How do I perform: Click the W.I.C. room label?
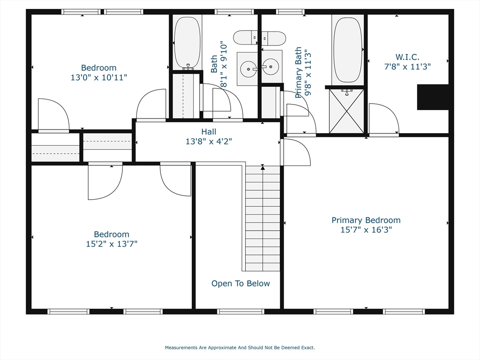click(x=407, y=57)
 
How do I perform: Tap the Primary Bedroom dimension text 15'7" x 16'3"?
click(x=366, y=230)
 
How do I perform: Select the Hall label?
click(x=209, y=132)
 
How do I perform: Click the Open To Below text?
click(x=240, y=284)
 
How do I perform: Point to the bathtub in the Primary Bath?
click(x=348, y=50)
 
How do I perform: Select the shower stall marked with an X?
click(x=346, y=111)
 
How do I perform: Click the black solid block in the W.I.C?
click(x=433, y=97)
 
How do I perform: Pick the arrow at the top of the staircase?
click(x=263, y=166)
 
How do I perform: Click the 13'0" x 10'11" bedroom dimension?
click(x=99, y=77)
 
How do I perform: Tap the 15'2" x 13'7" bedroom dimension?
click(x=112, y=244)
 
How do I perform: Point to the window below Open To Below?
click(x=241, y=311)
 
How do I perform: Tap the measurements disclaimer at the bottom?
click(x=240, y=348)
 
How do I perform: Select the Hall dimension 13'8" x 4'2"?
click(x=209, y=141)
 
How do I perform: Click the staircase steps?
click(x=262, y=220)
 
